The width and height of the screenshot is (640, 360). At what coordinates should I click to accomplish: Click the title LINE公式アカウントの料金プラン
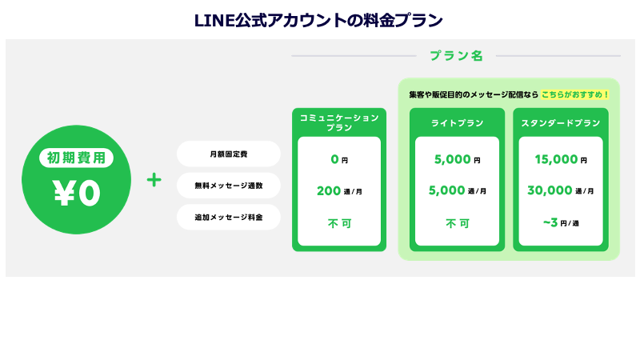[x=319, y=18]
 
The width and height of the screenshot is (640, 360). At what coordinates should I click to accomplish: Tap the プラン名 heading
[x=456, y=56]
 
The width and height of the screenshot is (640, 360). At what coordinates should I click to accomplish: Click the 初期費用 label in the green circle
[x=76, y=158]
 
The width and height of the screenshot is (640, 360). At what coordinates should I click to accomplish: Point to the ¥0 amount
[x=76, y=193]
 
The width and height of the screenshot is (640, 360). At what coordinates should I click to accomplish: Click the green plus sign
[x=154, y=180]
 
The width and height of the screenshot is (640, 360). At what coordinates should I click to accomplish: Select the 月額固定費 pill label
[x=228, y=154]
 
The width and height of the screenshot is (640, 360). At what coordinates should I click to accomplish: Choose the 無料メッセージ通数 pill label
[x=228, y=186]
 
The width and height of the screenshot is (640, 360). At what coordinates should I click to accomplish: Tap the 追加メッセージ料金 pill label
[x=228, y=218]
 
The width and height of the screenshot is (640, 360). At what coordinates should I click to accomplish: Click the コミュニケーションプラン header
[x=339, y=122]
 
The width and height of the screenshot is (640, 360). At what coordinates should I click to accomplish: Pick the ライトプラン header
[x=457, y=123]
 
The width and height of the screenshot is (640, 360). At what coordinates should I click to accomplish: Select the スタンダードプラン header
[x=561, y=123]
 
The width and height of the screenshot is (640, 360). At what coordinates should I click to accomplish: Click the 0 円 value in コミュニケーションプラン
[x=339, y=159]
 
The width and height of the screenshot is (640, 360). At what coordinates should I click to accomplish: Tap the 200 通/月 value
[x=339, y=190]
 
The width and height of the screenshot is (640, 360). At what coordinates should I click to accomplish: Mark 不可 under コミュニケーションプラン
[x=339, y=223]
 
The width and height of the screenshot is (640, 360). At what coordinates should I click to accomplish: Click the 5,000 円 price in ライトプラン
[x=457, y=159]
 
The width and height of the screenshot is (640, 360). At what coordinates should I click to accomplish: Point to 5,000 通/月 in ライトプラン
[x=457, y=190]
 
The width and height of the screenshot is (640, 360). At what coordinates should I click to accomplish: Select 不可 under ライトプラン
[x=457, y=223]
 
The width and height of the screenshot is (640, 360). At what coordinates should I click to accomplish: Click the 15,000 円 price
[x=561, y=159]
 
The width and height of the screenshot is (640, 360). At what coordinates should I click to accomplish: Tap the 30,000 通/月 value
[x=561, y=190]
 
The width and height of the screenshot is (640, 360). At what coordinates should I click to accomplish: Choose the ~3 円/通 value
[x=561, y=223]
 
